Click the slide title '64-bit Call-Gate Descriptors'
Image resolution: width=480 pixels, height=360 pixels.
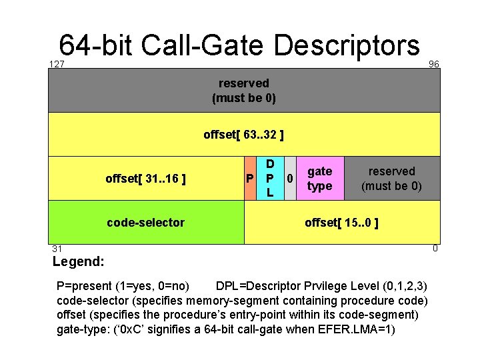(x=239, y=45)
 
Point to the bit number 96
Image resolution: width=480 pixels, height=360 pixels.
(x=434, y=64)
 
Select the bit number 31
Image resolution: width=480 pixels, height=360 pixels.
(x=57, y=249)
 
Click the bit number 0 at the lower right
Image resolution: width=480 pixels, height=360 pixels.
(x=435, y=249)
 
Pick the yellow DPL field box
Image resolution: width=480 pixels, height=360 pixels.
(x=269, y=178)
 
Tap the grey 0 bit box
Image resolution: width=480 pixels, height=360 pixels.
(x=289, y=178)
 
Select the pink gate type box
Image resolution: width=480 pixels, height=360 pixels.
(x=319, y=178)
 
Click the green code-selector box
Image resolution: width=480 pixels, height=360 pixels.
(x=145, y=222)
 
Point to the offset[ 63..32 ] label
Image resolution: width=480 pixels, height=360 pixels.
(x=243, y=135)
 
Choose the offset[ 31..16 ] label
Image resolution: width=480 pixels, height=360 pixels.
(x=145, y=178)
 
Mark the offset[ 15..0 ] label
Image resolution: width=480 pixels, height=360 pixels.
(x=341, y=222)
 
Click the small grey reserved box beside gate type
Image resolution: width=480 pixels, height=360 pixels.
(x=391, y=178)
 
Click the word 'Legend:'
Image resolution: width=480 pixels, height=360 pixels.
(x=78, y=261)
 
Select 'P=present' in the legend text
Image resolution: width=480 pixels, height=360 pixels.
(x=85, y=286)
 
